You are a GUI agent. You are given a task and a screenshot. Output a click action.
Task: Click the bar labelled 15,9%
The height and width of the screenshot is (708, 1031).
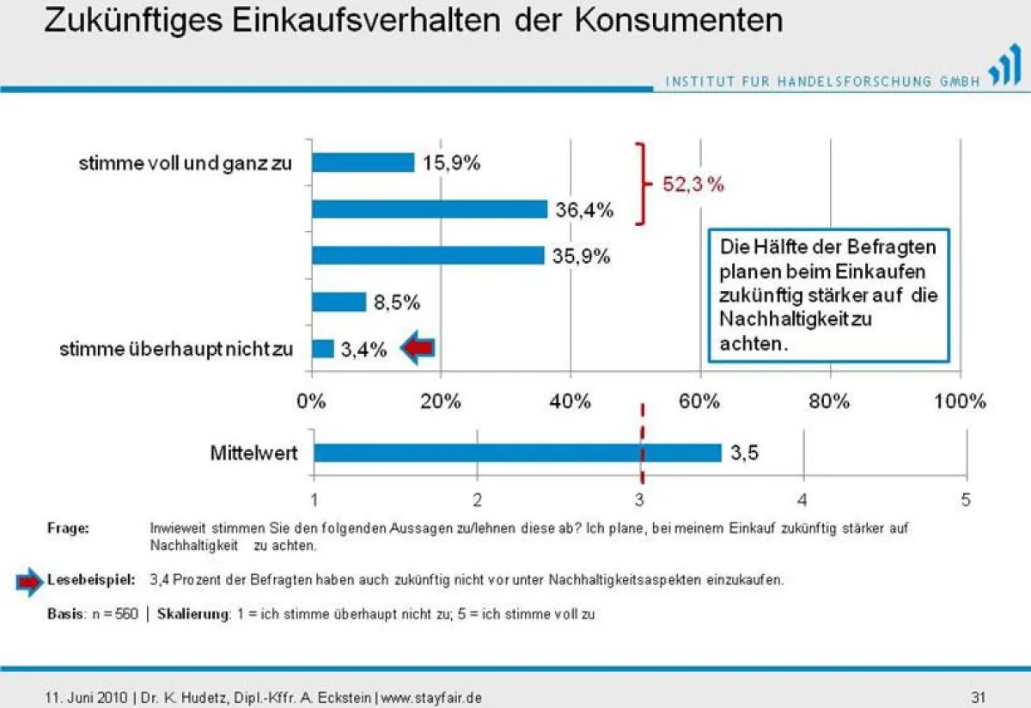coord(363,162)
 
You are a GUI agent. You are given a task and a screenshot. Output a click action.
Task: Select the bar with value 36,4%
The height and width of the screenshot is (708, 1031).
coord(429,209)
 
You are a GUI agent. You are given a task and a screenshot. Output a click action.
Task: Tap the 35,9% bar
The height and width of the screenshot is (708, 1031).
coord(427,255)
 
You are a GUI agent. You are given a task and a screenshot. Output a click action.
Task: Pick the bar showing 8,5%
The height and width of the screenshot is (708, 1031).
coord(339,302)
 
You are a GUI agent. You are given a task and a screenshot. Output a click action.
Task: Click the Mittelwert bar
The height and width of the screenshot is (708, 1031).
coord(517,453)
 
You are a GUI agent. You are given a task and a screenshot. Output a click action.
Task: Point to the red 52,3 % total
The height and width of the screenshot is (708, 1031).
coord(693,185)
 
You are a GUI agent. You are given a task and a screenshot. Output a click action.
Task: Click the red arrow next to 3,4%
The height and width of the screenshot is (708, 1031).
coord(419,348)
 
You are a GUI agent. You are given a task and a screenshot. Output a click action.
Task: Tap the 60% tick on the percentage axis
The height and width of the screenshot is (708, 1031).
coord(700,401)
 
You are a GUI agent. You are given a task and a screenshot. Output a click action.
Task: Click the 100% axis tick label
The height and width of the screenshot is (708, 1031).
coord(960,401)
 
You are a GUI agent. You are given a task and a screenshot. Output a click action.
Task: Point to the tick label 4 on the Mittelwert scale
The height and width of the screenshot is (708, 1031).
coord(802,499)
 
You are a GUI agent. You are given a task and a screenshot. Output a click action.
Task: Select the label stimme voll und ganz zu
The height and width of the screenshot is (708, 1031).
coord(186,163)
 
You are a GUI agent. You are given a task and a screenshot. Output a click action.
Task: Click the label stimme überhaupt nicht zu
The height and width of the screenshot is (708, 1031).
coord(176,349)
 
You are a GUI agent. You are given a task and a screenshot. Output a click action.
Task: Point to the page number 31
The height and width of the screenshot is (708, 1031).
coord(977,696)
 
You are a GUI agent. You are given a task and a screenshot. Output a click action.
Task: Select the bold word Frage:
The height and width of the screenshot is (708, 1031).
coord(68,528)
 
